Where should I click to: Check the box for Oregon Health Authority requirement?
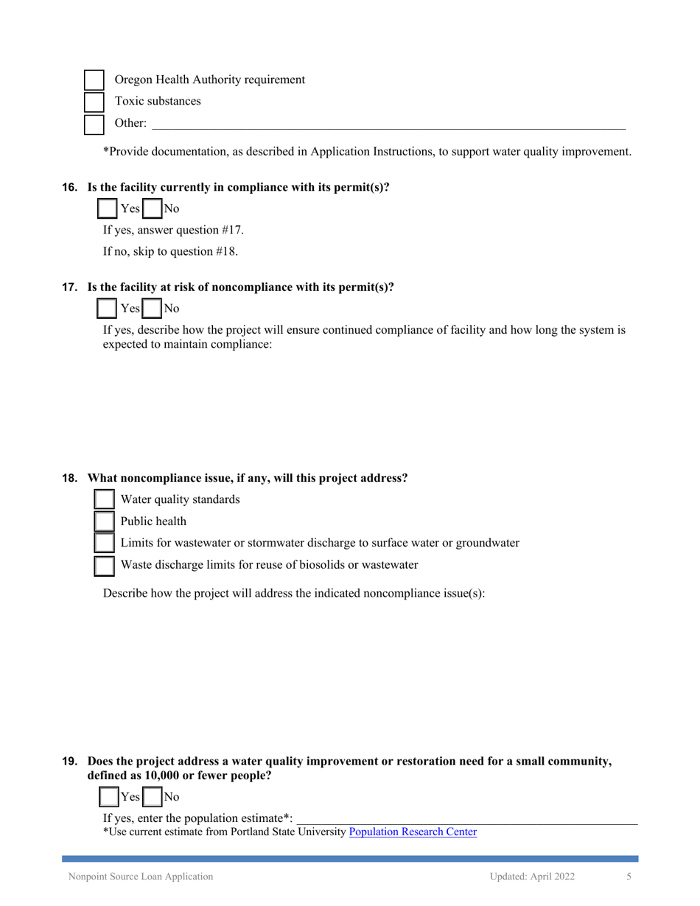click(x=94, y=80)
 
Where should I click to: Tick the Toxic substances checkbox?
click(x=94, y=102)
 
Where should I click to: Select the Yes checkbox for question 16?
click(x=108, y=209)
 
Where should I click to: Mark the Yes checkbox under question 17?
click(x=108, y=309)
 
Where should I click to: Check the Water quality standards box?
click(x=105, y=500)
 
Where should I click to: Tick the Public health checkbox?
click(x=105, y=522)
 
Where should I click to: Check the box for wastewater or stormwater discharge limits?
click(x=105, y=544)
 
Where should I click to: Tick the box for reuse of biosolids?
click(x=105, y=566)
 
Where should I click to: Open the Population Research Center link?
click(x=413, y=832)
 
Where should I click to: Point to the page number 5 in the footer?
click(x=629, y=877)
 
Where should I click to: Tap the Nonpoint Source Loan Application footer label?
click(x=141, y=877)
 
